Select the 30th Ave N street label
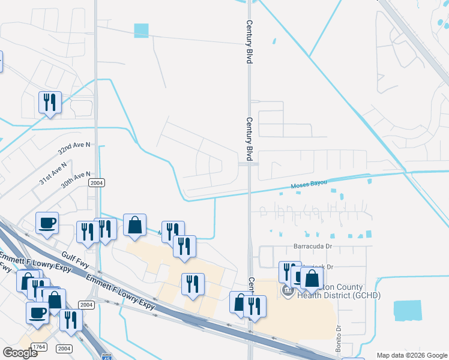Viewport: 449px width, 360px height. click(75, 179)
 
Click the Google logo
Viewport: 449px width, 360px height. click(20, 353)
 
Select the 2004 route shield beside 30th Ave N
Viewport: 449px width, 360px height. click(96, 182)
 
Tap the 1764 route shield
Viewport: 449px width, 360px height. click(40, 347)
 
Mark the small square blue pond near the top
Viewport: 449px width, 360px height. click(141, 29)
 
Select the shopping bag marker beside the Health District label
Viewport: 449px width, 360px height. click(312, 278)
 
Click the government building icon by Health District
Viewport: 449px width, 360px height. click(288, 291)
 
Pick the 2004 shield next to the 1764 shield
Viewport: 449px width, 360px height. click(64, 349)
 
